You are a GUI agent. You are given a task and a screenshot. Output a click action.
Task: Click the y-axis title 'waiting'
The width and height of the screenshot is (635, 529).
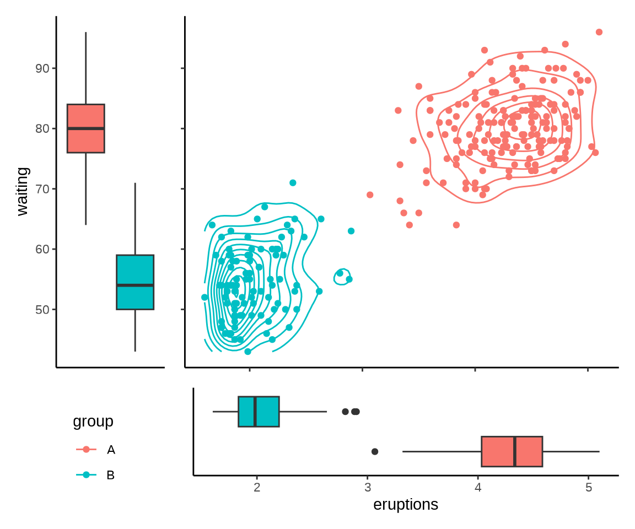click(x=22, y=192)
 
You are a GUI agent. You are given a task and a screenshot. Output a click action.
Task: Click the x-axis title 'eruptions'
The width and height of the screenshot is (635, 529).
click(x=406, y=504)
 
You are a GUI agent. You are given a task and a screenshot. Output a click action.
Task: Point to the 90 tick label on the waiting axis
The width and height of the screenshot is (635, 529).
click(x=42, y=68)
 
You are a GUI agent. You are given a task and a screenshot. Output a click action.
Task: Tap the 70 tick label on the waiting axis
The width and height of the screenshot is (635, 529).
click(x=42, y=189)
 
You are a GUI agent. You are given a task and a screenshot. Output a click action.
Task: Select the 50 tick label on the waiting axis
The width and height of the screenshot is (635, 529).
click(x=42, y=310)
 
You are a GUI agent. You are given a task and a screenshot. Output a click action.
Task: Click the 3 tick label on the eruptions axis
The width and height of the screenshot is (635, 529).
click(x=368, y=488)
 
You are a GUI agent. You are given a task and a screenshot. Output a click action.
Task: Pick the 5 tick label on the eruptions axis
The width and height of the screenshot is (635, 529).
click(x=589, y=488)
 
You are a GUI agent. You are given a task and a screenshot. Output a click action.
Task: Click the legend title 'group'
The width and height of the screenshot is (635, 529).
click(x=93, y=422)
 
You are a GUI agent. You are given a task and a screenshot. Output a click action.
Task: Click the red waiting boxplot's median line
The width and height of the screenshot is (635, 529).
click(x=86, y=128)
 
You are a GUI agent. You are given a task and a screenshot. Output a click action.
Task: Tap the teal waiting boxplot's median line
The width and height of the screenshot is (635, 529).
click(x=135, y=285)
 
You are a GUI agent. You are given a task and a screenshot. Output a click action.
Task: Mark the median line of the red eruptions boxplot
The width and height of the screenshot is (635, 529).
click(x=515, y=451)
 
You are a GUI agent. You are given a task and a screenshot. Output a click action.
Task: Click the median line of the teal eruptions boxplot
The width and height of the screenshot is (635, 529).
click(x=255, y=412)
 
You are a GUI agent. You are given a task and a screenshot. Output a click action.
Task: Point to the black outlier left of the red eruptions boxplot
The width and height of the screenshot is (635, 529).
click(x=375, y=451)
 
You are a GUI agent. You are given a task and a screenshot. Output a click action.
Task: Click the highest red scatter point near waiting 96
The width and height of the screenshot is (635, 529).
click(x=599, y=32)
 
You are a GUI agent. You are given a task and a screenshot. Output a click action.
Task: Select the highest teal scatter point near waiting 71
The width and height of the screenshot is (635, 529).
click(x=293, y=183)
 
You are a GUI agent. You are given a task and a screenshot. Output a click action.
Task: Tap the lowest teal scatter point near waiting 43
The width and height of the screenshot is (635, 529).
click(x=247, y=352)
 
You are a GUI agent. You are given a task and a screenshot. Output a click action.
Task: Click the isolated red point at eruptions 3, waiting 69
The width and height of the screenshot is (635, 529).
click(x=370, y=195)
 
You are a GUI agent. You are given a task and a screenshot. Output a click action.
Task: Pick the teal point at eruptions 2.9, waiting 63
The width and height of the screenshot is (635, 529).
click(x=351, y=231)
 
